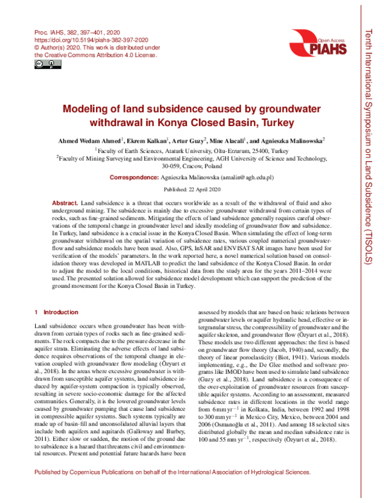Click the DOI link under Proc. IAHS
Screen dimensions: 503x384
(86, 39)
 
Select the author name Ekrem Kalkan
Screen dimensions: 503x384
(146, 140)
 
